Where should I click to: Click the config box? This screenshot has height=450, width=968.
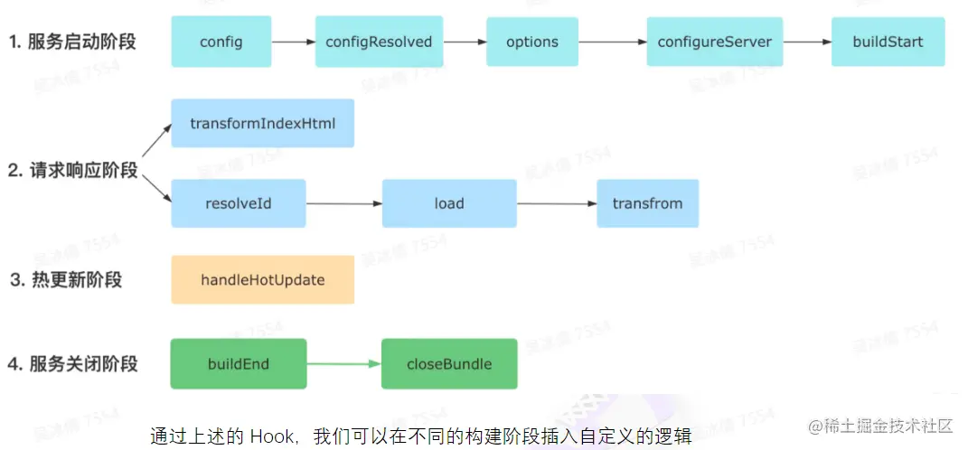[221, 42]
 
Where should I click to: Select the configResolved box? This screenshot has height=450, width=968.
[379, 42]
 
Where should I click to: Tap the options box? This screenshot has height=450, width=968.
[531, 42]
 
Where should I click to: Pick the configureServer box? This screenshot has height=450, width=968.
[714, 42]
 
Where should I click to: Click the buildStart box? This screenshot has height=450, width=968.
[888, 42]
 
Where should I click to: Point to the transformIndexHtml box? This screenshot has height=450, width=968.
[262, 123]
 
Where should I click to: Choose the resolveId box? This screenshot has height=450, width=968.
[239, 203]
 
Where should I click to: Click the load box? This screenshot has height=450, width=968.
[448, 203]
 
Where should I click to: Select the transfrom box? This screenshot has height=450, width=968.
[647, 203]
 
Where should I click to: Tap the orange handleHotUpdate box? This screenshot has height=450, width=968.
[262, 280]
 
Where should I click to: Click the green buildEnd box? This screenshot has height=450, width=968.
[239, 364]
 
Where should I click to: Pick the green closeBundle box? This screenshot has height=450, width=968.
[449, 364]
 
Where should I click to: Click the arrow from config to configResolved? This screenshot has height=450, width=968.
[293, 42]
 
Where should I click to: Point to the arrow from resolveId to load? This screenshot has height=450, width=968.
[343, 203]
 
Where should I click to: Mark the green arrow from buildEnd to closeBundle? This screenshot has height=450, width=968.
[343, 364]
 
